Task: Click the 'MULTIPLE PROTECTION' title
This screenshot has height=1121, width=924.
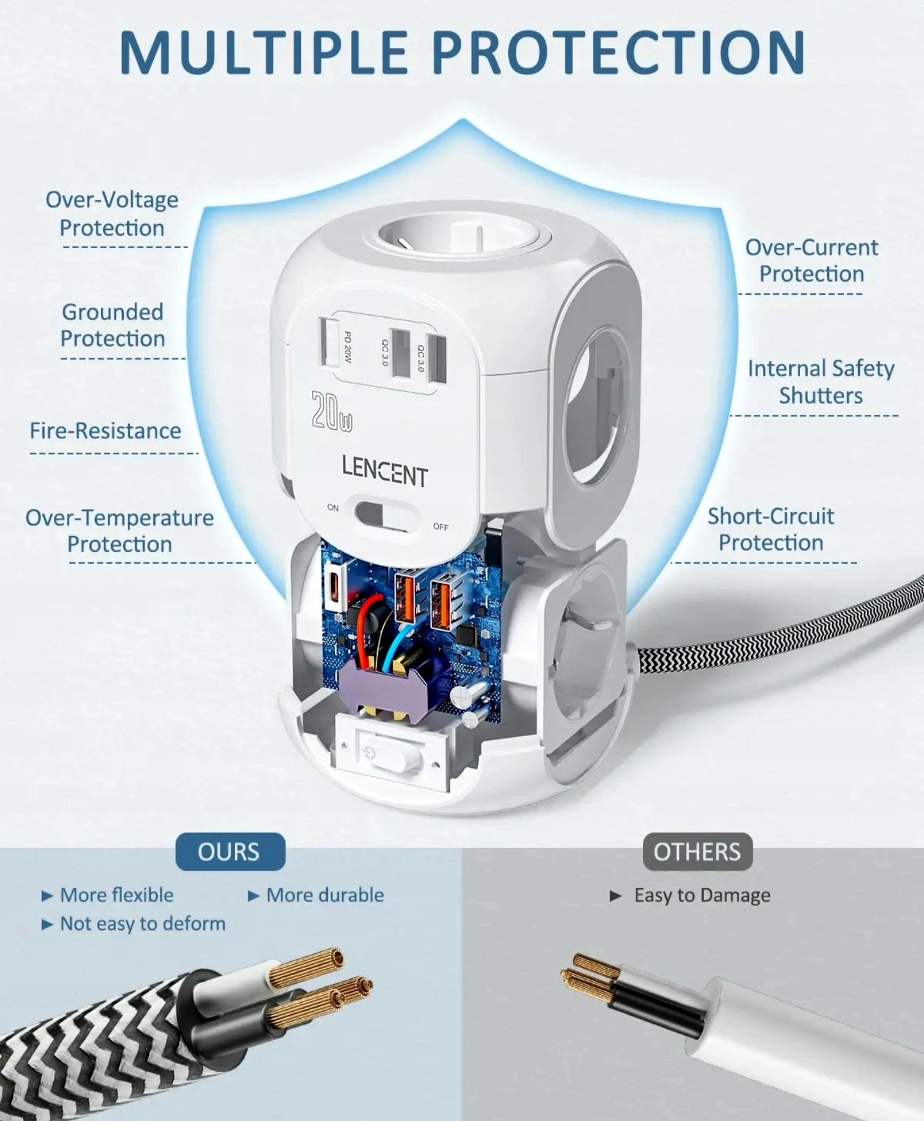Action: point(462,53)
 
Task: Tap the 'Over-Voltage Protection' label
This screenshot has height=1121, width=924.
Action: point(112,214)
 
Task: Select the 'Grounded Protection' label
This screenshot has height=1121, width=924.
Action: point(113,325)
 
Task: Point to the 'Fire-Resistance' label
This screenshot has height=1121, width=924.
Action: point(105,431)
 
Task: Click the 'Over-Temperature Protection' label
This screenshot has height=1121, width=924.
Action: point(119,530)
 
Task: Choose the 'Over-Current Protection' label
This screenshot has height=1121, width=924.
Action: point(812,260)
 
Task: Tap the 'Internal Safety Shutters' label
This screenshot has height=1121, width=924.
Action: point(821,381)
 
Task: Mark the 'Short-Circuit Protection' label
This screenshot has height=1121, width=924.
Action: point(771,529)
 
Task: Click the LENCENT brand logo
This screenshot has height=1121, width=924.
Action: point(384,472)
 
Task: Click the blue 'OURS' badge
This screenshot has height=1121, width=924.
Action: point(230,852)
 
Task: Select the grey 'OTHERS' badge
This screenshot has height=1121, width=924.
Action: point(697,852)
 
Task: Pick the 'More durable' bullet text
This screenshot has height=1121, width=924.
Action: point(325,895)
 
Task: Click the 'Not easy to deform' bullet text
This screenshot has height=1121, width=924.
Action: point(142,924)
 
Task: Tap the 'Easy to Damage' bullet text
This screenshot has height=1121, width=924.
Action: point(702,895)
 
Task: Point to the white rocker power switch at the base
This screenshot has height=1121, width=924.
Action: point(383,752)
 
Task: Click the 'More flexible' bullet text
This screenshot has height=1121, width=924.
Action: point(117,895)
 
